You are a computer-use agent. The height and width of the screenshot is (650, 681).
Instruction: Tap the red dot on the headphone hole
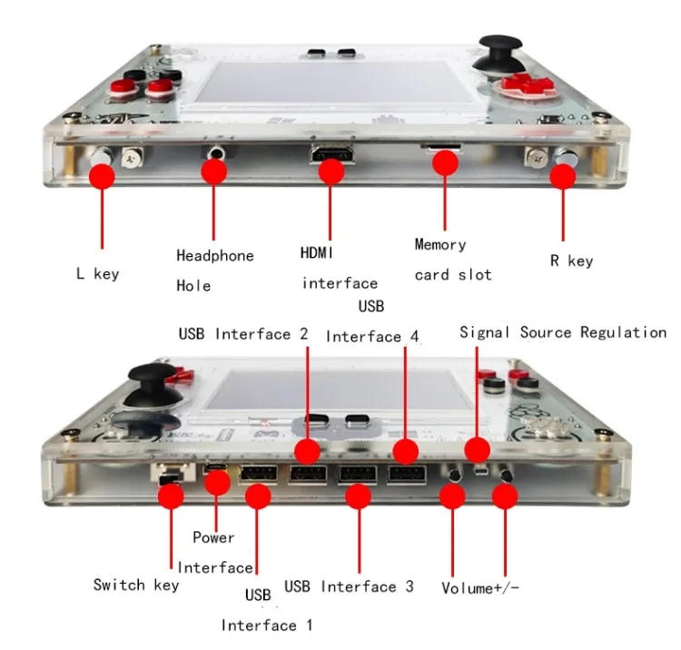click(x=213, y=171)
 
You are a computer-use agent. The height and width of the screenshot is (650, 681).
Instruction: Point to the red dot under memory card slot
click(x=444, y=163)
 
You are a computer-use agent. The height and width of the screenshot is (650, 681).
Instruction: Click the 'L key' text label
click(x=97, y=273)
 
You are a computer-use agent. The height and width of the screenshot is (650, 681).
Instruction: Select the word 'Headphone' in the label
click(x=214, y=256)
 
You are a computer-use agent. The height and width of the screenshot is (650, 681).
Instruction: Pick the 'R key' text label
click(x=571, y=261)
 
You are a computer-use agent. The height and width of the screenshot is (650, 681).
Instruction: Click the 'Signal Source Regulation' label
click(x=563, y=332)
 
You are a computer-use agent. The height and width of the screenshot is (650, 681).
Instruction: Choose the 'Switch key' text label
click(x=136, y=585)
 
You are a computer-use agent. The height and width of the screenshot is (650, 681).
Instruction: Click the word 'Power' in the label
click(x=213, y=537)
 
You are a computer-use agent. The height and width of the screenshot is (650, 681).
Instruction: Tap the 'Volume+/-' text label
click(x=480, y=587)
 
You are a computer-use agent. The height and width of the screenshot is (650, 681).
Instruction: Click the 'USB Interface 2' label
click(x=242, y=333)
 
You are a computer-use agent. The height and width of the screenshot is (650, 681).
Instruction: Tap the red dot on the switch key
click(x=171, y=496)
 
